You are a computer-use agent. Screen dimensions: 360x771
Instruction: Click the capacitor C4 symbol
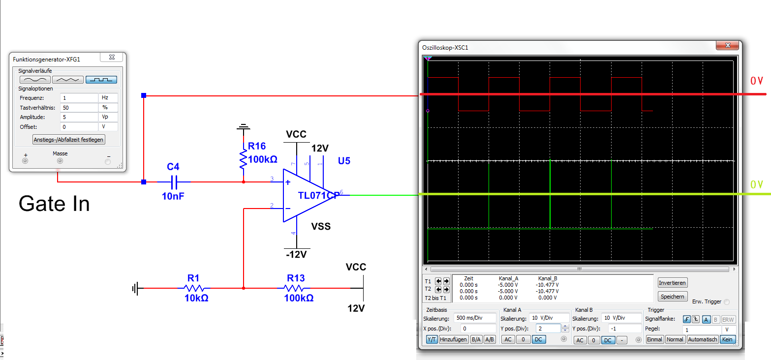173,182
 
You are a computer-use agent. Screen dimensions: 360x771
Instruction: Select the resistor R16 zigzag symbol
243,158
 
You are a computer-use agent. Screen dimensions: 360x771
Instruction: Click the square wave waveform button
101,79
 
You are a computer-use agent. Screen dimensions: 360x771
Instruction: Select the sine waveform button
34,79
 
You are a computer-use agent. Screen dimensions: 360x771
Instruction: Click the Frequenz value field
79,98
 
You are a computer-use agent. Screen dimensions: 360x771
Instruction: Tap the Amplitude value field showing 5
79,117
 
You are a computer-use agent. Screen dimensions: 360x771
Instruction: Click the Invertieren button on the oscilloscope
672,283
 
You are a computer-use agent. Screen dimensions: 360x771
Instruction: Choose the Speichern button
672,297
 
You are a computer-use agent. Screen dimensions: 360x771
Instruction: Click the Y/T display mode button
432,339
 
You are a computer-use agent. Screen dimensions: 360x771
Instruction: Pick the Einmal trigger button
654,339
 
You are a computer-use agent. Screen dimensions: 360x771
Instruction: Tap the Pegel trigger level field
702,329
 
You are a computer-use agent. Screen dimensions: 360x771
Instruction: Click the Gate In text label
54,204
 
